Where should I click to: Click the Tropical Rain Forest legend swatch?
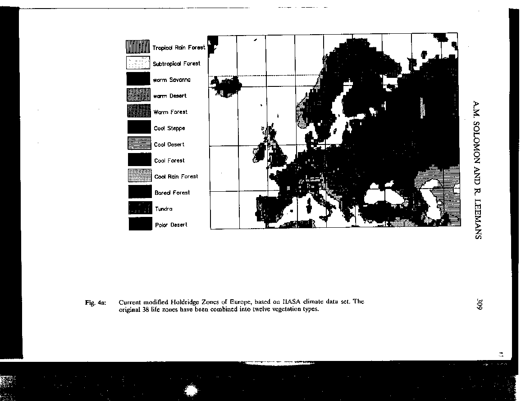pos(137,46)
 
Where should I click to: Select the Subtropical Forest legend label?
pos(176,64)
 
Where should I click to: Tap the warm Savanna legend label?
pos(172,80)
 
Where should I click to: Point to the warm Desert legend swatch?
pos(138,95)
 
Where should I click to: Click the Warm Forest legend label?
pos(170,112)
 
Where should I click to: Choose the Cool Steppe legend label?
pos(169,128)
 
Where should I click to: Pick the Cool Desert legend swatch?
pos(139,144)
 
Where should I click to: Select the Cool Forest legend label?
pos(169,161)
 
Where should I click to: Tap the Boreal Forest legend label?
pos(172,193)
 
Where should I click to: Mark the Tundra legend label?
pos(164,209)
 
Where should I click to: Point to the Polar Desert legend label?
pos(171,225)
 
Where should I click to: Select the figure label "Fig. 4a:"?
pos(95,302)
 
